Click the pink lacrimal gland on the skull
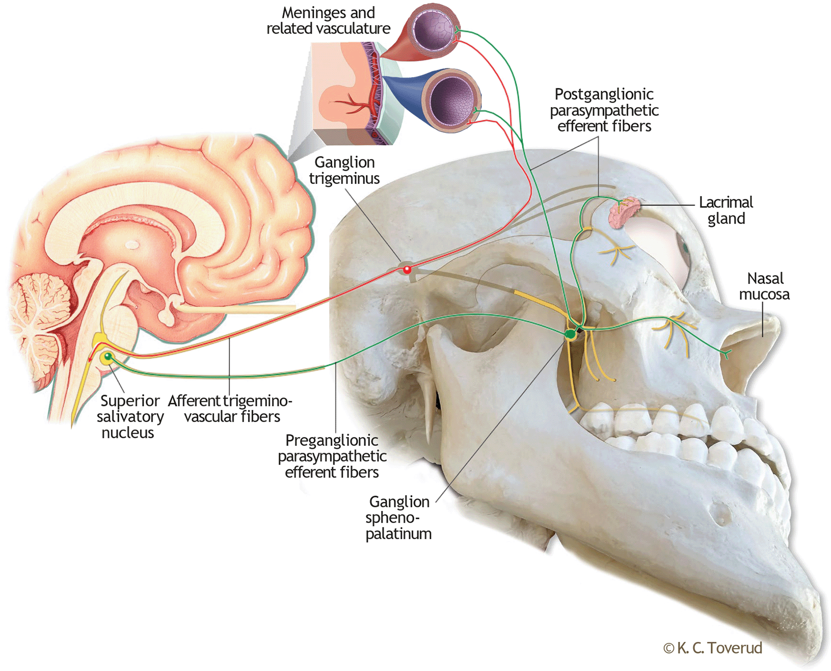coord(623,213)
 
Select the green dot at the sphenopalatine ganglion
coord(570,334)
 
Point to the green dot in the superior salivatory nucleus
coord(108,356)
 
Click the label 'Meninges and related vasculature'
coord(328,21)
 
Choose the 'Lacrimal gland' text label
coord(726,210)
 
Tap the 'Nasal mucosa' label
coord(765,286)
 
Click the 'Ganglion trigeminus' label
coord(344,170)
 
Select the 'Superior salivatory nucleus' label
coord(129,416)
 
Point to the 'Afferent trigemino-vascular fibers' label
coord(231,409)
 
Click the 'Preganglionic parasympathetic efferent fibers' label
coord(332,456)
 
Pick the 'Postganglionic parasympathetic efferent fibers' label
coord(604,110)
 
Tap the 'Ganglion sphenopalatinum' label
coord(399,517)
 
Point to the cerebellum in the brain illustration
coord(36,315)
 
